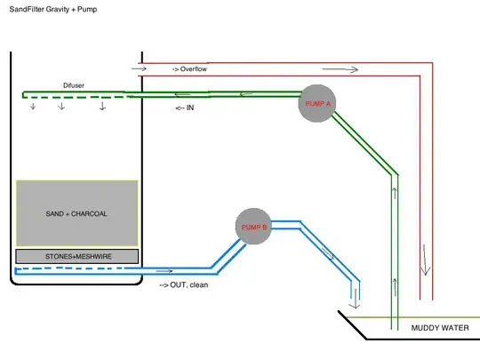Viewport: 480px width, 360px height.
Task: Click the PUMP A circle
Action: tap(317, 103)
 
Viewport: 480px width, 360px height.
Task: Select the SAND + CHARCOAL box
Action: tap(76, 213)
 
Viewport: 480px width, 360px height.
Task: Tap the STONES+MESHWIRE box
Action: tap(76, 256)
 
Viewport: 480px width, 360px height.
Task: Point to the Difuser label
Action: tap(74, 85)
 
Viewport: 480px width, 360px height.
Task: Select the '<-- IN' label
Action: tap(185, 108)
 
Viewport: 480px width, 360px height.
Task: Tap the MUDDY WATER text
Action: tap(439, 328)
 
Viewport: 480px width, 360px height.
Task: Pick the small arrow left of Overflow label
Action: tap(138, 68)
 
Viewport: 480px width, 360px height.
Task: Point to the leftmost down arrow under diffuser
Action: tap(33, 107)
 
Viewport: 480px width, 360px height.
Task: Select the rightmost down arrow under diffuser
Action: tap(102, 107)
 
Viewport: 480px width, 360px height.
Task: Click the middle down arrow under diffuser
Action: tap(61, 107)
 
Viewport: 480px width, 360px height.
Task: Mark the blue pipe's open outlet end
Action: tap(356, 295)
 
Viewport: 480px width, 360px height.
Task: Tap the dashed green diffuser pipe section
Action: tap(71, 94)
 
